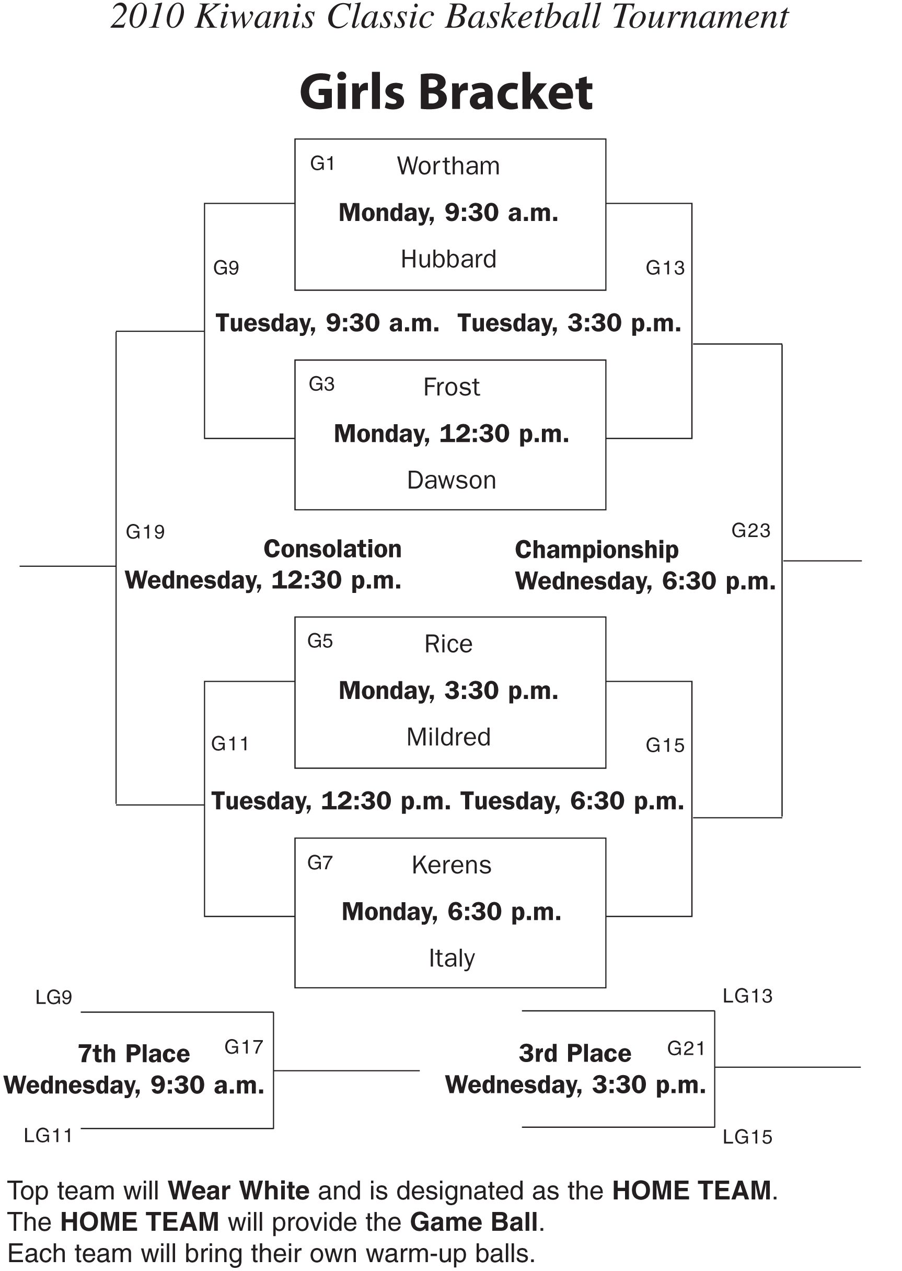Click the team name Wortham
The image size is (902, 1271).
[x=448, y=166]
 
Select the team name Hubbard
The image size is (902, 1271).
[x=448, y=259]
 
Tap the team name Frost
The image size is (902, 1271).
[x=451, y=387]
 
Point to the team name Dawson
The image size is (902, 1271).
[x=451, y=480]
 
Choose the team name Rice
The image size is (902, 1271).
[x=448, y=644]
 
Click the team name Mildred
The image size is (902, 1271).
[x=448, y=738]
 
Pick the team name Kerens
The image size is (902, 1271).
[x=451, y=865]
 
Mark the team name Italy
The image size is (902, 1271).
[x=451, y=959]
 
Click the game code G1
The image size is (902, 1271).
[x=322, y=164]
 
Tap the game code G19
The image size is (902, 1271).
[x=145, y=532]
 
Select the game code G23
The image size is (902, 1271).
[x=750, y=531]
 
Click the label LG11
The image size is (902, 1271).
[x=48, y=1136]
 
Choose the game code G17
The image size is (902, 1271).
[x=244, y=1047]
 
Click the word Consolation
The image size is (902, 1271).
[x=332, y=549]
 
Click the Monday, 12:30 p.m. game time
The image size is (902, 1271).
[x=451, y=434]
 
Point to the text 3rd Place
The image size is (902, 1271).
[x=575, y=1053]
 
